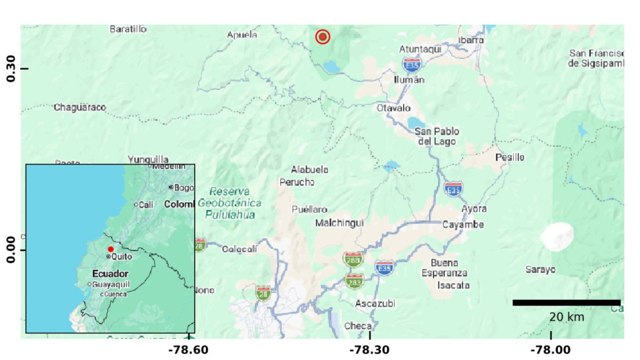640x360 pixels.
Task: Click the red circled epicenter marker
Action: click(323, 37)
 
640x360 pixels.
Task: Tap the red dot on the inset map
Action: click(111, 249)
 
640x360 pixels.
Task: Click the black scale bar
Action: click(566, 303)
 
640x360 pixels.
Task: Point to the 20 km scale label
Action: click(566, 317)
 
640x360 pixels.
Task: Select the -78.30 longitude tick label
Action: click(370, 350)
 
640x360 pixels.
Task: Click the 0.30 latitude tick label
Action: click(10, 69)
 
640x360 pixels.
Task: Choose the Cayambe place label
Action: click(463, 225)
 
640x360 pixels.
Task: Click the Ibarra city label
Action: click(471, 40)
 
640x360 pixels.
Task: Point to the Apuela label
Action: click(242, 35)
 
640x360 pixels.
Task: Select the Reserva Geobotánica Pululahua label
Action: click(229, 203)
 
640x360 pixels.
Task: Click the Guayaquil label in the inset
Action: click(111, 285)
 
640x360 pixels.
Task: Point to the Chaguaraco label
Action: click(80, 108)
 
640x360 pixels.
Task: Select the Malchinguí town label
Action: click(339, 223)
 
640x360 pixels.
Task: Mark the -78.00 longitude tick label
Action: click(550, 350)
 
